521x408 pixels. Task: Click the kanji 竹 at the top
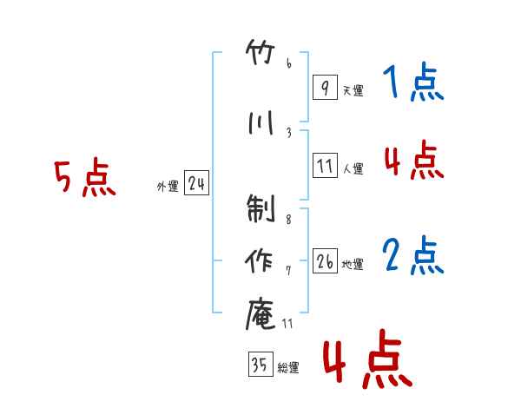point(260,52)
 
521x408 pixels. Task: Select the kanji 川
point(260,122)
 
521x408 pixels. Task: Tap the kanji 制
point(260,208)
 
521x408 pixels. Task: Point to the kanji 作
point(259,260)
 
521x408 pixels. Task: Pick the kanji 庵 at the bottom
point(260,313)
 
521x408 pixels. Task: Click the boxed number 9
point(325,87)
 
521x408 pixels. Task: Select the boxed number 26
point(325,260)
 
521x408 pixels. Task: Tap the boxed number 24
point(196,183)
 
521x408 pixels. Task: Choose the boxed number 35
point(260,364)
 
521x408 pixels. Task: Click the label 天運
point(353,90)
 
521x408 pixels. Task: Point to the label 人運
point(353,168)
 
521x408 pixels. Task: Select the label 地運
point(353,264)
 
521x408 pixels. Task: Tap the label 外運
point(168,187)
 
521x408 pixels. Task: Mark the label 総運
point(288,368)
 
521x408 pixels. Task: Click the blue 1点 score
point(413,82)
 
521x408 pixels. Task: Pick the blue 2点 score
point(413,255)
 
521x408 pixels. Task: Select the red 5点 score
point(85,177)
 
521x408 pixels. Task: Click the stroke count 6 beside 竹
point(289,63)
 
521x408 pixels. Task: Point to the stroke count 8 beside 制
point(289,220)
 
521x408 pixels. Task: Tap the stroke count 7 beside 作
point(289,271)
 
